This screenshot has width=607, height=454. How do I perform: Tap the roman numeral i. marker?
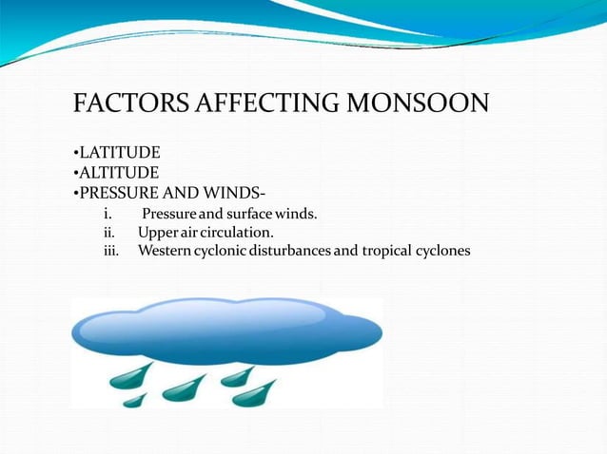pyautogui.click(x=108, y=214)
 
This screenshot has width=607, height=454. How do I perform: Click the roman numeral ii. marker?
pyautogui.click(x=108, y=233)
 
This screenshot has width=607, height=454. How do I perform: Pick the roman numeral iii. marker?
pyautogui.click(x=110, y=252)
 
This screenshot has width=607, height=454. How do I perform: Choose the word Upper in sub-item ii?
pyautogui.click(x=157, y=233)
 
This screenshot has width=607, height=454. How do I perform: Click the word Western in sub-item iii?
pyautogui.click(x=166, y=252)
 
